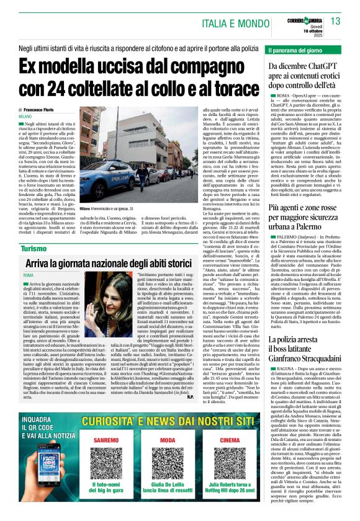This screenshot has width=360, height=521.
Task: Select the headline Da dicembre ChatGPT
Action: (304, 78)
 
